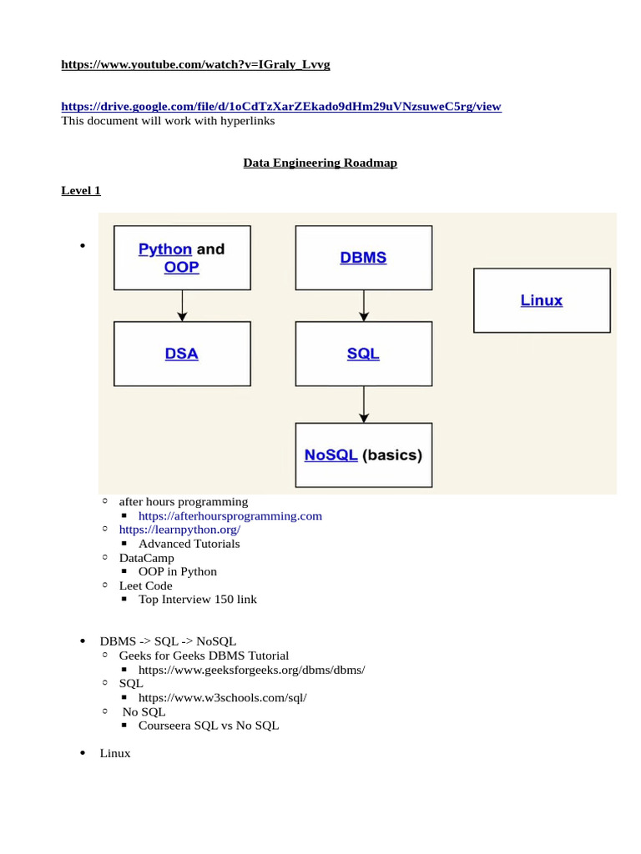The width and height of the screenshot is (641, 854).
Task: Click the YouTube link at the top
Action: pyautogui.click(x=195, y=65)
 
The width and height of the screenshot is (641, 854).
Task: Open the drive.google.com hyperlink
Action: pyautogui.click(x=281, y=107)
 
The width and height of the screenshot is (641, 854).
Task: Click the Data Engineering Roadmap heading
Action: pyautogui.click(x=320, y=163)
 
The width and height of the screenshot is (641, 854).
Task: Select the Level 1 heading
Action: pyautogui.click(x=81, y=190)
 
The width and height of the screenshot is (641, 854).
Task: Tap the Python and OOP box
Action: pyautogui.click(x=182, y=258)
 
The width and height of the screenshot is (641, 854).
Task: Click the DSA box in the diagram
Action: pyautogui.click(x=182, y=354)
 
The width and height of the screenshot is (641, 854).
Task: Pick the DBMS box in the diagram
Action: pyautogui.click(x=363, y=258)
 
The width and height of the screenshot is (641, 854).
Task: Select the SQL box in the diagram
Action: pyautogui.click(x=363, y=354)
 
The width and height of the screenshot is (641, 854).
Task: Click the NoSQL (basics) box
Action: pyautogui.click(x=363, y=455)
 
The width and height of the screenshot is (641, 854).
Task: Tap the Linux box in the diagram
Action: pyautogui.click(x=542, y=300)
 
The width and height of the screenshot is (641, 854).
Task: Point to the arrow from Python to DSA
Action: pyautogui.click(x=182, y=306)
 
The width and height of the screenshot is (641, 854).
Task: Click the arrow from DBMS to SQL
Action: pyautogui.click(x=363, y=306)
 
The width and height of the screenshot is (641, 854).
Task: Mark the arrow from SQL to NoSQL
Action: pyautogui.click(x=363, y=404)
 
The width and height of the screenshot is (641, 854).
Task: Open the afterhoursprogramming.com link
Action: pyautogui.click(x=230, y=516)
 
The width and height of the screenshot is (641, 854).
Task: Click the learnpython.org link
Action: pyautogui.click(x=179, y=530)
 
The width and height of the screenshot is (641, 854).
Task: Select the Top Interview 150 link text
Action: pyautogui.click(x=198, y=600)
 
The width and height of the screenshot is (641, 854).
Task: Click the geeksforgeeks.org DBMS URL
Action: pyautogui.click(x=252, y=670)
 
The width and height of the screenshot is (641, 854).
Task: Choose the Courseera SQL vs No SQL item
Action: pyautogui.click(x=209, y=726)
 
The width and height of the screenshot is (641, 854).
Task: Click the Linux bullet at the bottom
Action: pyautogui.click(x=115, y=753)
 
